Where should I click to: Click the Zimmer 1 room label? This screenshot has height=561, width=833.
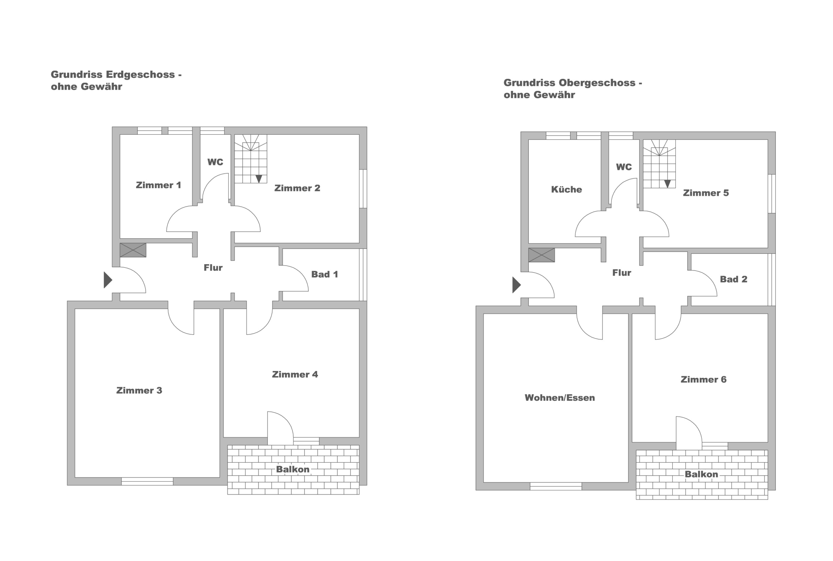point(158,185)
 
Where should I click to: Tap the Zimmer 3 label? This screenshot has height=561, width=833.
point(139,390)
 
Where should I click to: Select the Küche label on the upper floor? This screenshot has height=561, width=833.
point(567,189)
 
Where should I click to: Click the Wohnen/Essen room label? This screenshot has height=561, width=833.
point(560,398)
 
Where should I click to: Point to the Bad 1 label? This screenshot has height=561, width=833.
point(324,274)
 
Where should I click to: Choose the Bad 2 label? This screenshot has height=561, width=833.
point(733,279)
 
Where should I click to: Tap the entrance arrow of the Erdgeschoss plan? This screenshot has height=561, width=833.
point(108,280)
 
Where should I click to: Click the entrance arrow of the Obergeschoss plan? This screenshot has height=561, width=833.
point(516,285)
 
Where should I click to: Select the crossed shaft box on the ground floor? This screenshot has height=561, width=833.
point(133,250)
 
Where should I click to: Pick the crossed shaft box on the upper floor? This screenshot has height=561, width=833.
point(541,255)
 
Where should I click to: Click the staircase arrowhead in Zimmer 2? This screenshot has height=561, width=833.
point(259,179)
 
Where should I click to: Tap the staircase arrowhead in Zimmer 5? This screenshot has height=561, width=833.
point(667,184)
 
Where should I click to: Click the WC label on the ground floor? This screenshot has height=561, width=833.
point(215,162)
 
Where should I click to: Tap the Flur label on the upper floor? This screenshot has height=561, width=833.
point(621,273)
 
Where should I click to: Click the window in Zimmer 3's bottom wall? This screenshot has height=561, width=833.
point(147,481)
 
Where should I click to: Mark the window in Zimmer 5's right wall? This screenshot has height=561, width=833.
point(772,194)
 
